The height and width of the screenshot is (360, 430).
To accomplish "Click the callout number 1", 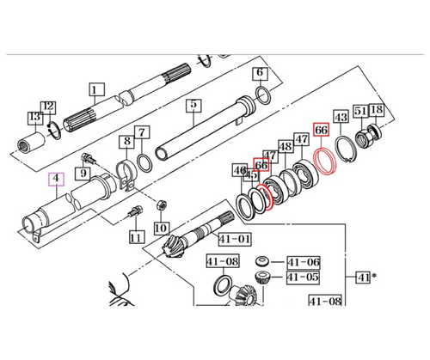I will (x=95, y=88).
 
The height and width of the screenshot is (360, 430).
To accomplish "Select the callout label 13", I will (x=34, y=116).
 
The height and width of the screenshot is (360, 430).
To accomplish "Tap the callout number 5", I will (x=194, y=106).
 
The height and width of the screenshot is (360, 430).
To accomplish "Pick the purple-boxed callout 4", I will (x=57, y=180).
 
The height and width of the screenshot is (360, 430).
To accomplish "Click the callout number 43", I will (x=341, y=117).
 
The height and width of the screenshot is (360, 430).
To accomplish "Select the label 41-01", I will (x=234, y=240).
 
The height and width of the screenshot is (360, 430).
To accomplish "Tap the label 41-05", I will (x=303, y=278).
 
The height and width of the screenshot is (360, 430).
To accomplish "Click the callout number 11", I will (x=134, y=236).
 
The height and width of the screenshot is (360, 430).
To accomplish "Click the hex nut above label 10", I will (x=161, y=204).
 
